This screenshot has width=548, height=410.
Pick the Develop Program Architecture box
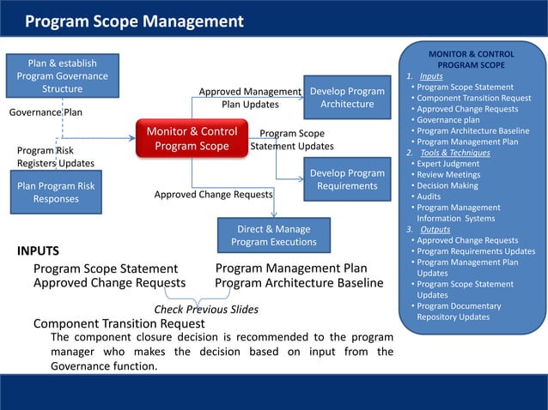coord(347,98)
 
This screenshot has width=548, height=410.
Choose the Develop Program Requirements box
coord(347,179)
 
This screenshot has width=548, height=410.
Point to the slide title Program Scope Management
coord(134,21)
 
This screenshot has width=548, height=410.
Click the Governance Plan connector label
coord(46,112)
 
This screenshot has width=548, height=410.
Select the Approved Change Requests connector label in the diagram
coord(213,195)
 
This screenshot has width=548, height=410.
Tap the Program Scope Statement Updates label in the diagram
coord(292,140)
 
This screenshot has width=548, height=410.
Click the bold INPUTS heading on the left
coord(38,251)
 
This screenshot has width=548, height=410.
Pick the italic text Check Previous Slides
coord(206,310)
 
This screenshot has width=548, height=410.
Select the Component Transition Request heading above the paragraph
coord(119,324)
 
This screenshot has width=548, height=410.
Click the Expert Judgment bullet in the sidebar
coord(451,164)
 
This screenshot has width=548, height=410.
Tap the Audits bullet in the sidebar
coord(430,196)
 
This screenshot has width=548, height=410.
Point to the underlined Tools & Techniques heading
coord(454,153)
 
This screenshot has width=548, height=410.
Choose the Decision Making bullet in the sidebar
coord(450,185)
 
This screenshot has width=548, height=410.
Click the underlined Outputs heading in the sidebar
coord(435,230)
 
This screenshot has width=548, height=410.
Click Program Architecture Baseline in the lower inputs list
coord(299,283)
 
